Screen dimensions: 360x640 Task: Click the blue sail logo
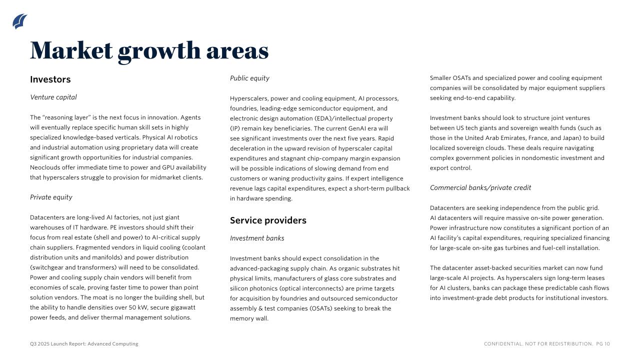(20, 21)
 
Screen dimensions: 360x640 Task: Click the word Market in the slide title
(71, 50)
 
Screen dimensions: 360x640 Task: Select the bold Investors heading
(50, 79)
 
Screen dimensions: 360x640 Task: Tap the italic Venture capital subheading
(53, 97)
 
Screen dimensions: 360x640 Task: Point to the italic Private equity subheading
(51, 197)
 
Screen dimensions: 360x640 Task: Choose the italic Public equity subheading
(249, 78)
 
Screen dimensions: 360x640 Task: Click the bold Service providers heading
(268, 220)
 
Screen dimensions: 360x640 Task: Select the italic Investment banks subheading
(257, 238)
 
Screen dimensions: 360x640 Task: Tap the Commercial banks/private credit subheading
(480, 188)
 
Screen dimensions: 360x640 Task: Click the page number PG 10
(603, 344)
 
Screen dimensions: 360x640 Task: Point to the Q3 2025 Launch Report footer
(84, 344)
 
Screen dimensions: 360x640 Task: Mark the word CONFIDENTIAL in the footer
(503, 344)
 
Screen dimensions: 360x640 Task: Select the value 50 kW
(138, 307)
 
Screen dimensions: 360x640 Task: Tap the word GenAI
(358, 128)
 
